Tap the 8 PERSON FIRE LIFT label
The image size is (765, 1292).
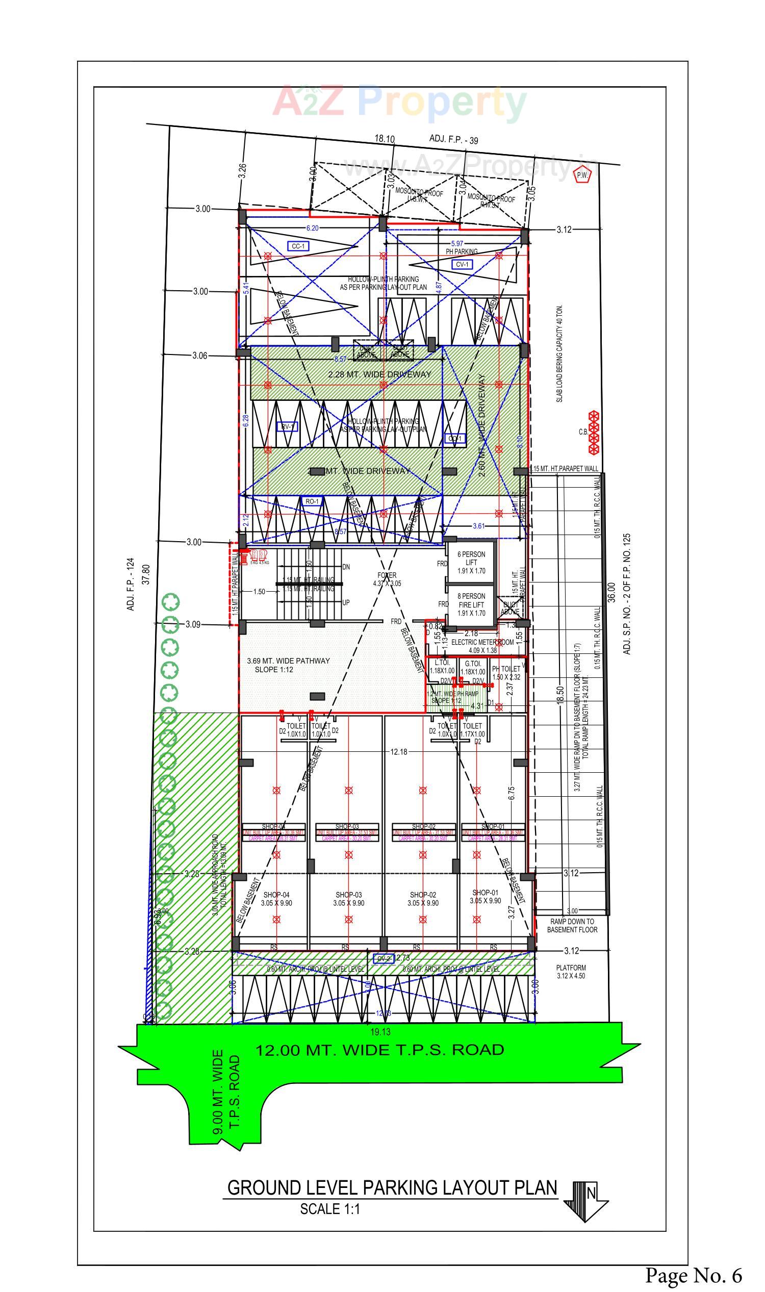point(471,604)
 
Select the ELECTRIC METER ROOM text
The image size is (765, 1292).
point(482,642)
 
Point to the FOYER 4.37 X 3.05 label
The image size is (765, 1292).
point(387,579)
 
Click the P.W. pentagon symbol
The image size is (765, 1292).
point(582,175)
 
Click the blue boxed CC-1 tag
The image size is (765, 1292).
point(298,246)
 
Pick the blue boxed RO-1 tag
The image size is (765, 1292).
point(312,501)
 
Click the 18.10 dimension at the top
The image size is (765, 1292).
point(384,139)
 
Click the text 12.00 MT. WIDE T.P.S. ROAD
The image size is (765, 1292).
point(379,1050)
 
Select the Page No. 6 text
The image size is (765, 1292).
point(694,1275)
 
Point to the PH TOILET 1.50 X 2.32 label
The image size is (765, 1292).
point(506,673)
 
